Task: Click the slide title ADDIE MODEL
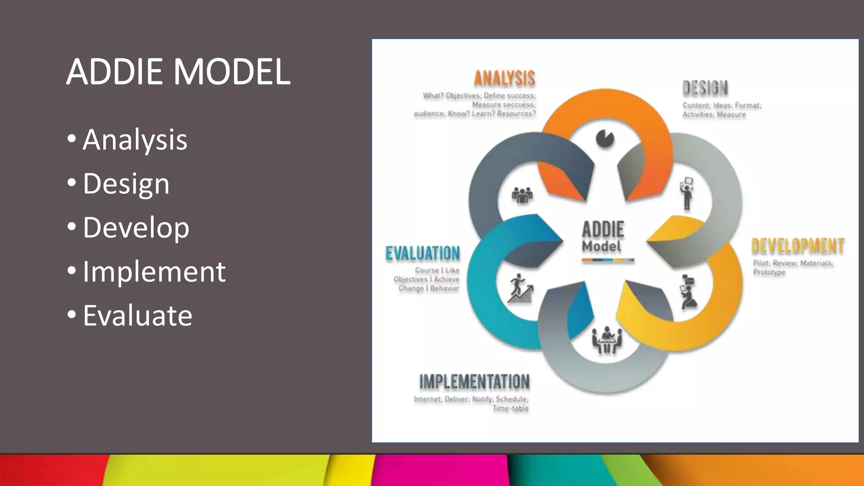pos(178,72)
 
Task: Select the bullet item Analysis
pos(135,140)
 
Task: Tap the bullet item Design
pos(126,184)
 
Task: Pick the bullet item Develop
pos(136,227)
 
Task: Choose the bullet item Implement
pos(154,271)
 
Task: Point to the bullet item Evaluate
pos(137,315)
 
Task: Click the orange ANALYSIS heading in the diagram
pos(505,78)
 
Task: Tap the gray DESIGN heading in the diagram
pos(705,88)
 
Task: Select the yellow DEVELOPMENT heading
pos(798,246)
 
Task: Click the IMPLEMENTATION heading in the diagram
pos(474,382)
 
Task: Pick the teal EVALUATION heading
pos(423,254)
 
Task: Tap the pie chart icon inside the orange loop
pos(605,139)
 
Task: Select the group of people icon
pos(522,195)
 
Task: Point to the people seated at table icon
pos(607,339)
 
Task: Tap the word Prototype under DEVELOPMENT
pos(769,272)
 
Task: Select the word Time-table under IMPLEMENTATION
pos(510,408)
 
